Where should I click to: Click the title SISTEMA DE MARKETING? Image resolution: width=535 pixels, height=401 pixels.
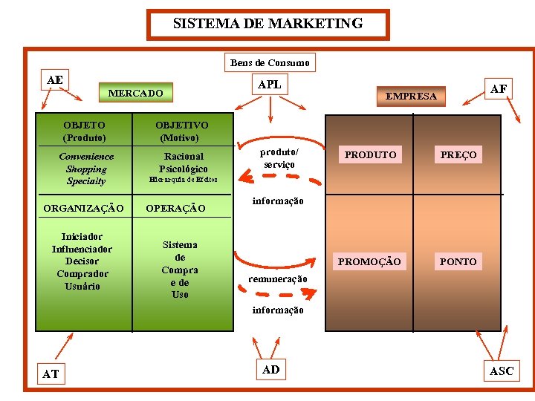click(267, 24)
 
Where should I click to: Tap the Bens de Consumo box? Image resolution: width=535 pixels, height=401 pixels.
click(270, 63)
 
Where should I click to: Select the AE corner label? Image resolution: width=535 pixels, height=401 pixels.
click(54, 79)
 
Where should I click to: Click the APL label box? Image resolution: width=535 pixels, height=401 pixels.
click(269, 85)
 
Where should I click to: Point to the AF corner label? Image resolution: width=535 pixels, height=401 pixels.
click(499, 89)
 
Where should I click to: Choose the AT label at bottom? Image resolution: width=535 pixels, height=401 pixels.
click(51, 374)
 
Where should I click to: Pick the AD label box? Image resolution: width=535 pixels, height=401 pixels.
click(271, 370)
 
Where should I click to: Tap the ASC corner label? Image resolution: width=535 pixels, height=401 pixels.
click(502, 371)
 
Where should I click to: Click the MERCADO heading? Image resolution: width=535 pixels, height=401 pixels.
click(135, 94)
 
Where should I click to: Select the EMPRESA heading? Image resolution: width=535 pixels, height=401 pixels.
click(411, 96)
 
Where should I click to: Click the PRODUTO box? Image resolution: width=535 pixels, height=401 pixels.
click(370, 154)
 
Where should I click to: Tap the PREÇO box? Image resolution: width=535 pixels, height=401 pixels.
click(458, 154)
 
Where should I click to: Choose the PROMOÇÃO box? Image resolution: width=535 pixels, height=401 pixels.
click(369, 261)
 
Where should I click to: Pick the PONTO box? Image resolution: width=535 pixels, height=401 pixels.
click(458, 261)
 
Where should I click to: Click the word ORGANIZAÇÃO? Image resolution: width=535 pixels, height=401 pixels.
click(83, 209)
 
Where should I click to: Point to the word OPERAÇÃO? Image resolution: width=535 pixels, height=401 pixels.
click(175, 209)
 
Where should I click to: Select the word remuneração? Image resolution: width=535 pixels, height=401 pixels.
click(277, 278)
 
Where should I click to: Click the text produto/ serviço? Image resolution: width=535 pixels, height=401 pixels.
click(279, 157)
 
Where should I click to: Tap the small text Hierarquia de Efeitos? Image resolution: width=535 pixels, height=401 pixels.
click(183, 180)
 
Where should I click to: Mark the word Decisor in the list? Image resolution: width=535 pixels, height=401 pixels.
click(82, 261)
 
